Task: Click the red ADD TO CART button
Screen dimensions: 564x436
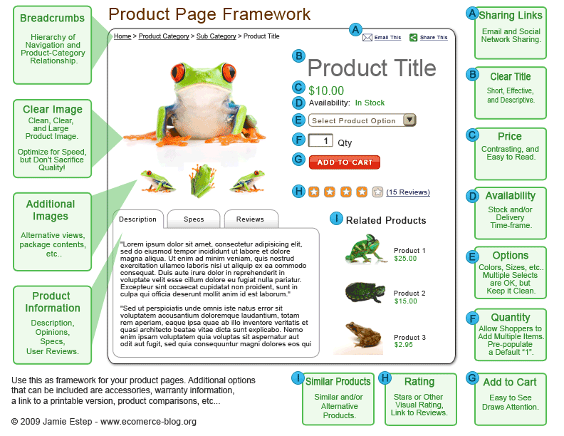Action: pyautogui.click(x=344, y=162)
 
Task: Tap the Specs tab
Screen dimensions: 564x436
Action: pyautogui.click(x=194, y=219)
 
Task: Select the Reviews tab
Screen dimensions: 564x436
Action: pyautogui.click(x=251, y=219)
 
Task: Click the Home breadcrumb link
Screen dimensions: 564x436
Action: pyautogui.click(x=122, y=36)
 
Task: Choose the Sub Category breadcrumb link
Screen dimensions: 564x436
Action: pyautogui.click(x=216, y=36)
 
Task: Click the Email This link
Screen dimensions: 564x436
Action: pyautogui.click(x=387, y=38)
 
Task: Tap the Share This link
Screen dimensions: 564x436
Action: pyautogui.click(x=434, y=38)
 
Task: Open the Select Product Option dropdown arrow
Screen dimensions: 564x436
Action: pyautogui.click(x=409, y=120)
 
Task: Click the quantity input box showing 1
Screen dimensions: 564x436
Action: pyautogui.click(x=320, y=140)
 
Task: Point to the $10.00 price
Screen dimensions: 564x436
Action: pyautogui.click(x=326, y=90)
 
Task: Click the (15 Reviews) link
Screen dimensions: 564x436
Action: pyautogui.click(x=408, y=192)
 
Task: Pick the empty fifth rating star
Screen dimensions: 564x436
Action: pyautogui.click(x=377, y=192)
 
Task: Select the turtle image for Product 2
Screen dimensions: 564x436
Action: pyautogui.click(x=365, y=292)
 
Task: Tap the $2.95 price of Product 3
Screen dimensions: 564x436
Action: pyautogui.click(x=404, y=345)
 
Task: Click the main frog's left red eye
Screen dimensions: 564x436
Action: pyautogui.click(x=178, y=72)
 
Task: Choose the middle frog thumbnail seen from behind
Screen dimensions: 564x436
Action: pyautogui.click(x=202, y=180)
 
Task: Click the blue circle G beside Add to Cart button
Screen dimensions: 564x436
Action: pyautogui.click(x=298, y=159)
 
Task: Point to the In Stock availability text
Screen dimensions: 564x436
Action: pyautogui.click(x=370, y=103)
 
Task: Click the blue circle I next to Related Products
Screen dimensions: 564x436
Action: pyautogui.click(x=336, y=219)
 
